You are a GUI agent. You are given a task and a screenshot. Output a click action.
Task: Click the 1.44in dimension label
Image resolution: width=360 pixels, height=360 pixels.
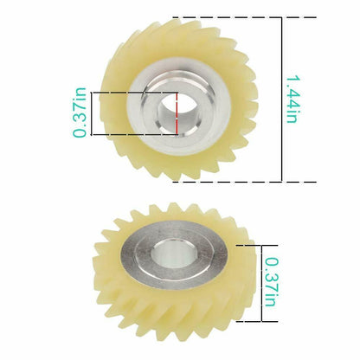coord(292,100)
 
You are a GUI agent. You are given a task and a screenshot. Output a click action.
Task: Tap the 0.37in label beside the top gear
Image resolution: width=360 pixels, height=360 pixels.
coord(80,112)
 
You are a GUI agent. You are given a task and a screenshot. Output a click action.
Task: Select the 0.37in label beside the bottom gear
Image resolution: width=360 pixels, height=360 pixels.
coord(272,282)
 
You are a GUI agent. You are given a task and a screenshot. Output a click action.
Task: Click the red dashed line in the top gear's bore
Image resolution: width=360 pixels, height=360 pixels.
coord(177,113)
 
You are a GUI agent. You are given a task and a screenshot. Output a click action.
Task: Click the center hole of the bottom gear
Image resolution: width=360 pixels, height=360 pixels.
coord(172,254)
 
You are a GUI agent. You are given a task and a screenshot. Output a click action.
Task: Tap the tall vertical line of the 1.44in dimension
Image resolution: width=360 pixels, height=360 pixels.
coord(281,100)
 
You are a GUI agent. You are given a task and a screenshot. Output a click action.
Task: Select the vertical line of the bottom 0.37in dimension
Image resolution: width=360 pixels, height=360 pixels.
coord(261,283)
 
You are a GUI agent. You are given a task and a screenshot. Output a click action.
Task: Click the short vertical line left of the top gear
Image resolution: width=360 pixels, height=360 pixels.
coord(92,113)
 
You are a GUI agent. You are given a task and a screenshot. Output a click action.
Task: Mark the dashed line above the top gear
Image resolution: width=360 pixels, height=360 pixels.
coord(244,17)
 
